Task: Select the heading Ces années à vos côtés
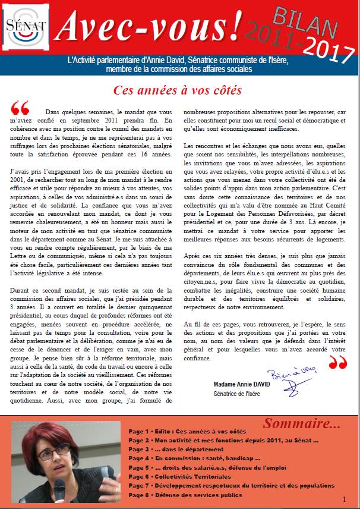pyautogui.click(x=178, y=91)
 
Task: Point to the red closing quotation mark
pyautogui.click(x=337, y=362)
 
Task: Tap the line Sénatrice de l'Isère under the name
pyautogui.click(x=238, y=394)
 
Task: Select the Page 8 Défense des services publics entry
pyautogui.click(x=185, y=495)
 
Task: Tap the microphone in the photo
pyautogui.click(x=60, y=488)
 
